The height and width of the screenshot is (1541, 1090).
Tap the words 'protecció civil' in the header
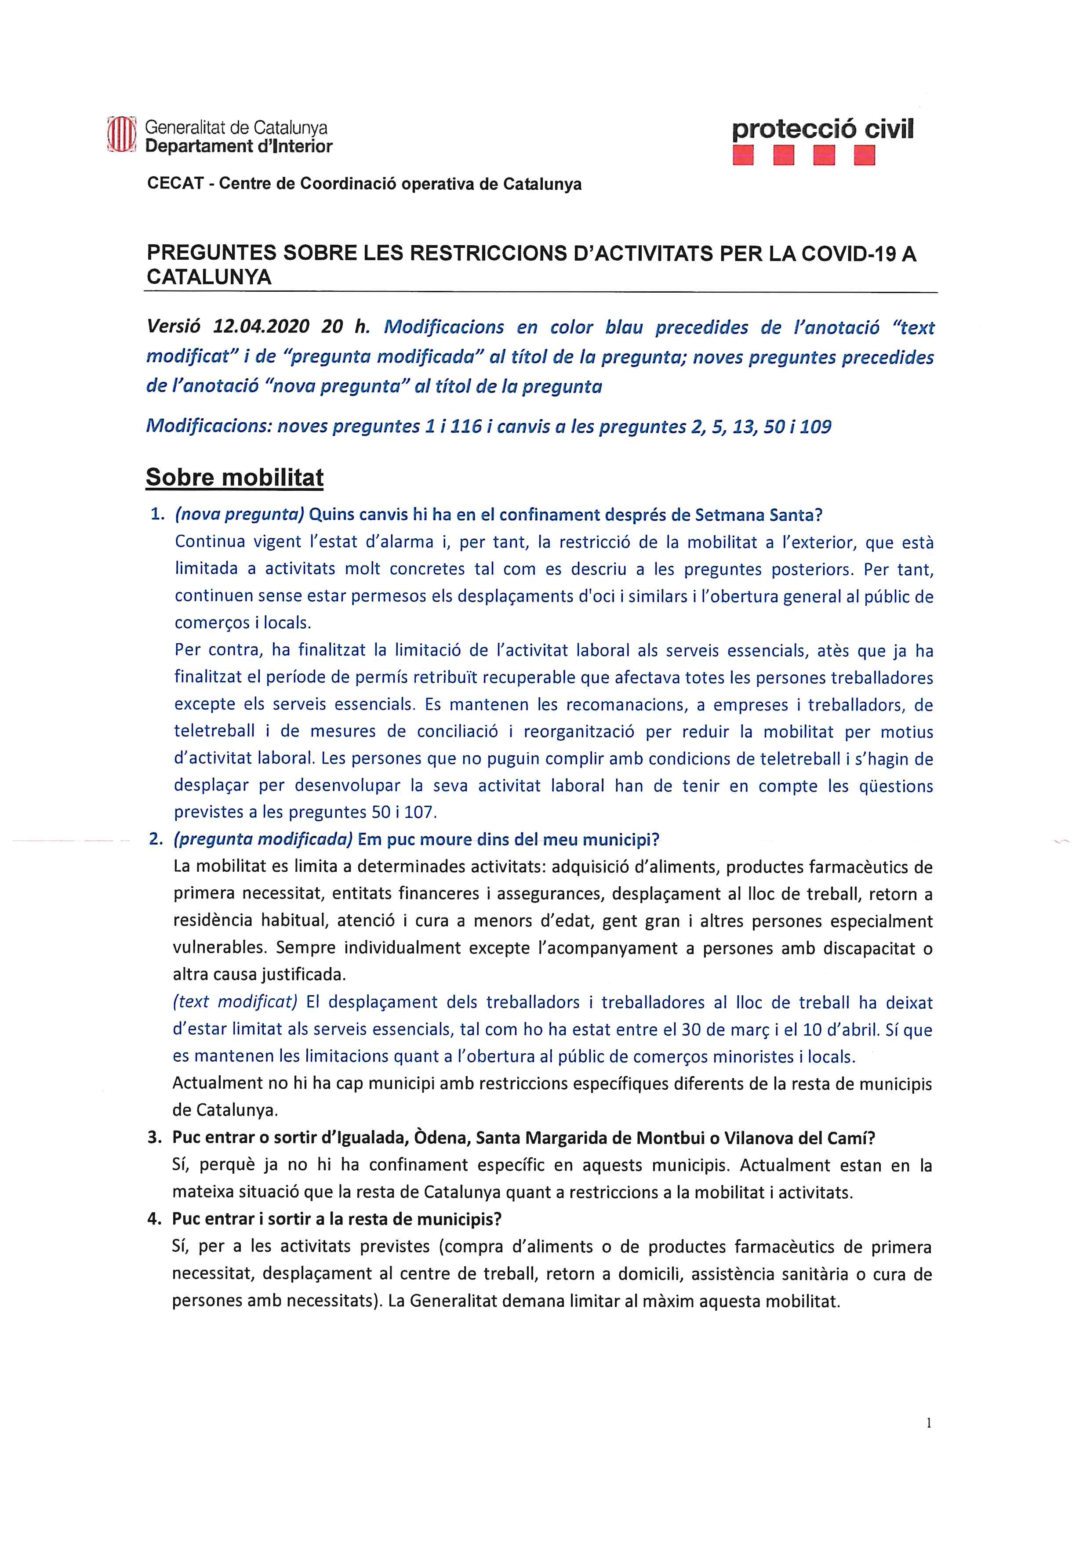[x=822, y=129]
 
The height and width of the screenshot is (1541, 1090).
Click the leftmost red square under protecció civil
[x=743, y=155]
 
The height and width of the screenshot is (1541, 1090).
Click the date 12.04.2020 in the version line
[x=261, y=327]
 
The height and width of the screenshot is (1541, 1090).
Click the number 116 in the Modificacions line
[x=466, y=426]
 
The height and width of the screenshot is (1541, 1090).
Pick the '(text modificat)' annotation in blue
[x=235, y=1002]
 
